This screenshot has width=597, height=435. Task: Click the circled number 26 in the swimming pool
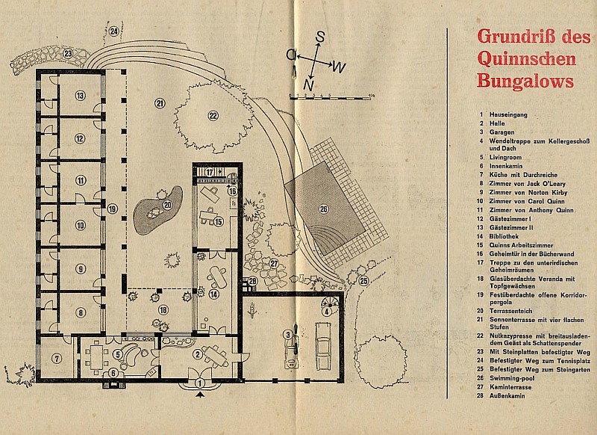pos(323,208)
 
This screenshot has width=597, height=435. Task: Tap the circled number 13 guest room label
pos(78,95)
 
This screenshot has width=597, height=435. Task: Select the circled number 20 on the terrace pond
pos(167,205)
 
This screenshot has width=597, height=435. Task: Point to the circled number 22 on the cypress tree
pos(213,115)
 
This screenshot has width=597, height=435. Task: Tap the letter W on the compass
pos(338,68)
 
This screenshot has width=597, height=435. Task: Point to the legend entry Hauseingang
pos(507,114)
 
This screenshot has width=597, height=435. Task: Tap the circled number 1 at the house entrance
pos(199,382)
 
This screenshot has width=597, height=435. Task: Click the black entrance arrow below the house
pos(199,399)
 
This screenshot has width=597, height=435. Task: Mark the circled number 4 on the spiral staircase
pos(326,312)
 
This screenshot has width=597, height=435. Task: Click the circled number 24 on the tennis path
pos(114,31)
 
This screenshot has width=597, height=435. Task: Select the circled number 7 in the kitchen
pos(56,357)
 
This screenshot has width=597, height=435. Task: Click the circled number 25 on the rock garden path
pos(363,281)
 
